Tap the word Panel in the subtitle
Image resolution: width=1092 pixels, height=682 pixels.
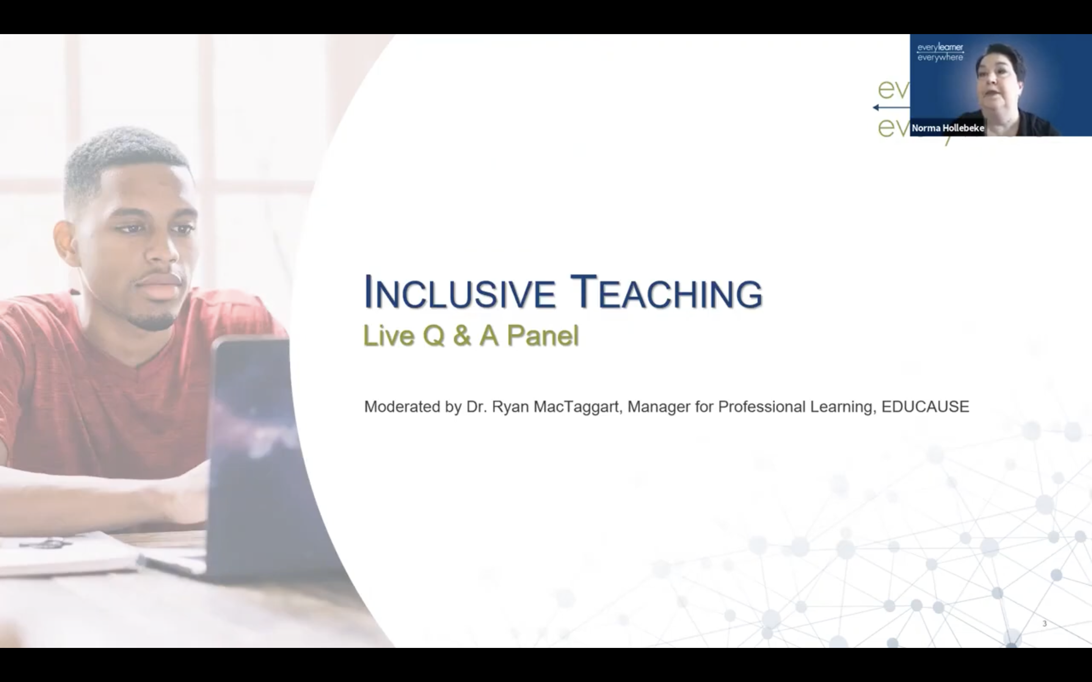coord(542,336)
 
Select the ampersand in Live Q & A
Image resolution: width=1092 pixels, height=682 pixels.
coord(461,336)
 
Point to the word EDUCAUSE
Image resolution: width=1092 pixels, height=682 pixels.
coord(925,407)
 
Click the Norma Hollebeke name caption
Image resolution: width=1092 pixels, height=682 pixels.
coord(948,128)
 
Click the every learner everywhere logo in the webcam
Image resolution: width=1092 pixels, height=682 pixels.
coord(940,52)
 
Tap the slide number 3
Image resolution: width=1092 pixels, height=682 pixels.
coord(1044,623)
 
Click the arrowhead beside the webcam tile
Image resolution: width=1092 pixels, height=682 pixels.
coord(876,107)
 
